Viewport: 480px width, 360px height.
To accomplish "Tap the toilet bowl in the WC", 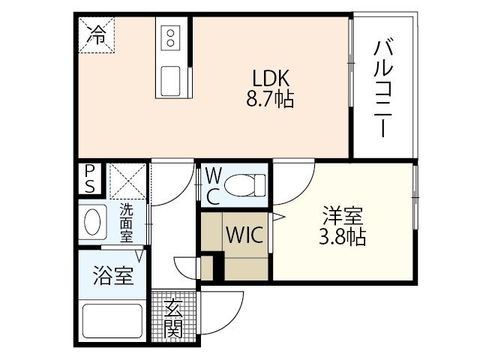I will pyautogui.click(x=246, y=183).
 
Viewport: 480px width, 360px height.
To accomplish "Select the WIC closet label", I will pyautogui.click(x=244, y=235).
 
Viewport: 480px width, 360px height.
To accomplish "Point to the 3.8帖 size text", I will pyautogui.click(x=343, y=238).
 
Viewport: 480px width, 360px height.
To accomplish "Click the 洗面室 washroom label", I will pyautogui.click(x=127, y=223).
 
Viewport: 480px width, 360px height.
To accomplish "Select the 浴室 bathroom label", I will pyautogui.click(x=114, y=276).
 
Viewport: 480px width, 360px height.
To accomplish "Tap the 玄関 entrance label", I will pyautogui.click(x=174, y=317).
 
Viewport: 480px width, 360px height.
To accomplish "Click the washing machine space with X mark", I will pyautogui.click(x=125, y=180).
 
